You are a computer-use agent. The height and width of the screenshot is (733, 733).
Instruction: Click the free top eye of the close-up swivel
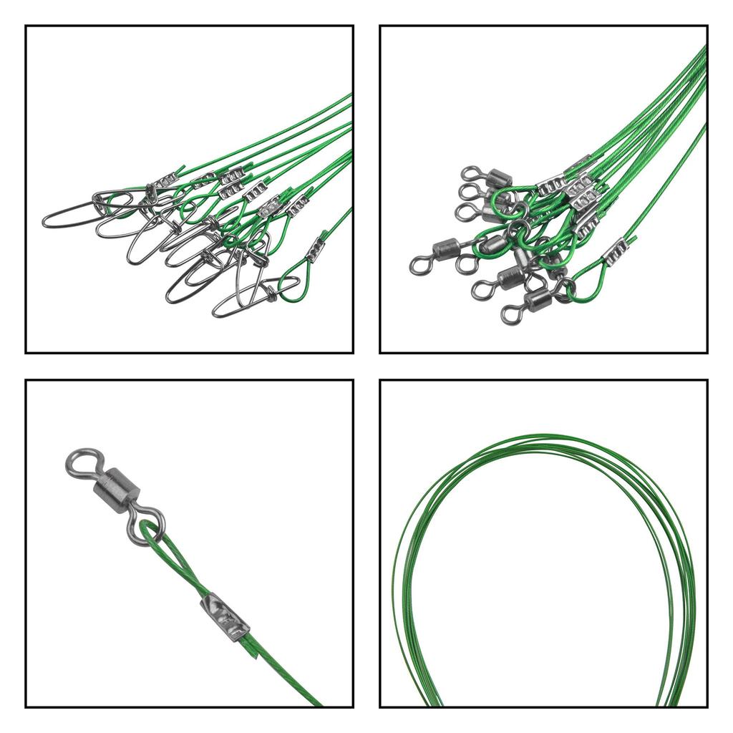(x=83, y=462)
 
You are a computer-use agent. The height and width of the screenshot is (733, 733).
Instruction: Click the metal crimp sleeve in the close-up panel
(x=225, y=616)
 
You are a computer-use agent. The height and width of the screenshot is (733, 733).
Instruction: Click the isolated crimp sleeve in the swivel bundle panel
(x=615, y=251)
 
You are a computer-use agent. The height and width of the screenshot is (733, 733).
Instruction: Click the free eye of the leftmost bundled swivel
(x=419, y=266)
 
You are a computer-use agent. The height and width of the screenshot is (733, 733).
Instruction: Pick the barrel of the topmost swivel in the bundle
(x=499, y=178)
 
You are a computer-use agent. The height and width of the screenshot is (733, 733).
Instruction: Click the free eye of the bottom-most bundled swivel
(x=511, y=314)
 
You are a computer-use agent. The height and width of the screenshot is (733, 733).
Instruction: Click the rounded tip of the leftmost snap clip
(x=49, y=219)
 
